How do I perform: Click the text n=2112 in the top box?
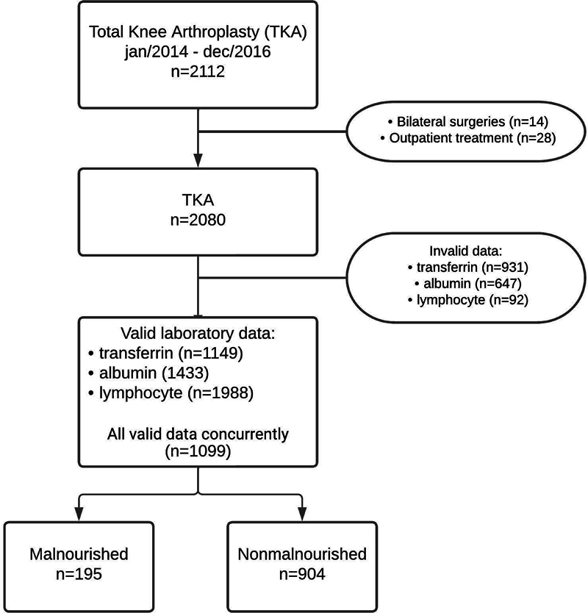pos(198,72)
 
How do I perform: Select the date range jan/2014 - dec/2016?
pos(198,52)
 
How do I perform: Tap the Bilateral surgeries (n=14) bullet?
pos(468,122)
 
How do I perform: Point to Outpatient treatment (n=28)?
pos(468,138)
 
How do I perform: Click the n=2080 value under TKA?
pos(198,220)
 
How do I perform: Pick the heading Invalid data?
pos(466,251)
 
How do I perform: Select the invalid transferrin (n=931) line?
pos(467,268)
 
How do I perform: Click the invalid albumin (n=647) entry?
pos(467,284)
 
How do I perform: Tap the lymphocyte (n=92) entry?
pos(467,300)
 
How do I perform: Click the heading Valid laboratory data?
pos(198,334)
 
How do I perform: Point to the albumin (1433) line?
pos(148,373)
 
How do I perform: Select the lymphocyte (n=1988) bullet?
pos(171,393)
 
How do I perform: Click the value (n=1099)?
pos(198,451)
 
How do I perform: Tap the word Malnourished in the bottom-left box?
pos(79,554)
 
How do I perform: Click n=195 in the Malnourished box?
pos(79,574)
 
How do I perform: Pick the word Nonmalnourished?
pos(302,554)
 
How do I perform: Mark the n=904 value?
pos(302,574)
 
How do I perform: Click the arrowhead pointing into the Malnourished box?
pos(79,514)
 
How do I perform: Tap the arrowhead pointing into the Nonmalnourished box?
pos(302,514)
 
